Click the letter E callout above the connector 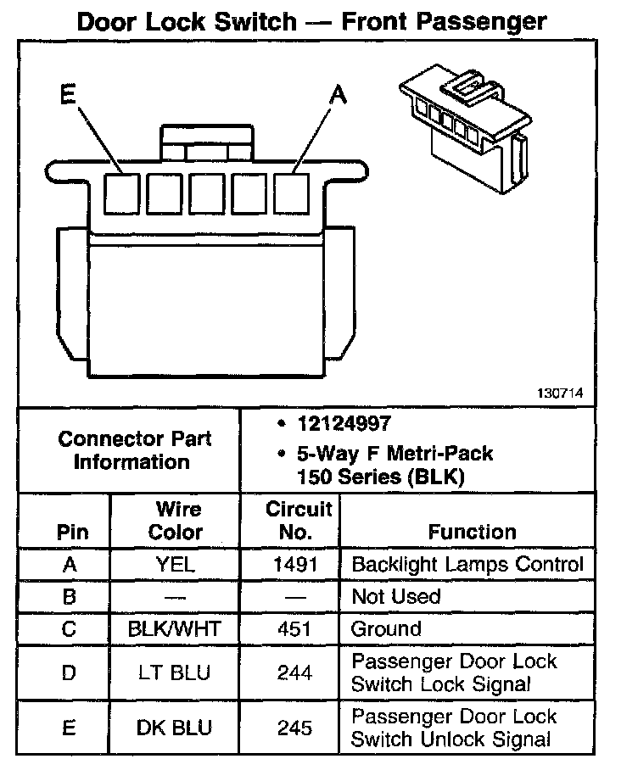click(69, 95)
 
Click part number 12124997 click(344, 423)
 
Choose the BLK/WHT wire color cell click(176, 628)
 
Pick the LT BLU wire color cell click(176, 673)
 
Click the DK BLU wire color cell click(176, 728)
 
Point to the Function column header click(472, 533)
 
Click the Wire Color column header click(176, 521)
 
